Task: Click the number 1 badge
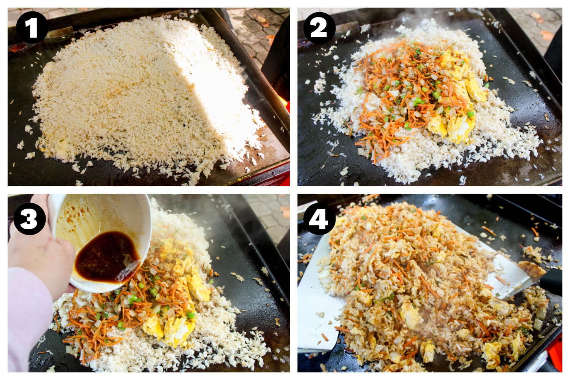(x=32, y=27)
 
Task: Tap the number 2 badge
(x=319, y=27)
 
